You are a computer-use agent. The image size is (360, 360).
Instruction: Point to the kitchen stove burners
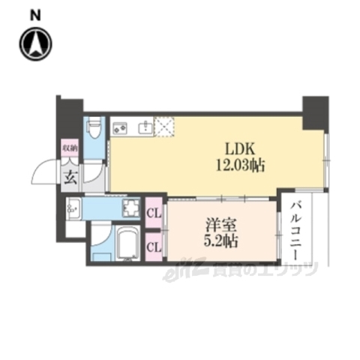[121, 127]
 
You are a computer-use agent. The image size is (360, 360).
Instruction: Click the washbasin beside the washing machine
[73, 209]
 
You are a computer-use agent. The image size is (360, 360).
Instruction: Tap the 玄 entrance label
[68, 178]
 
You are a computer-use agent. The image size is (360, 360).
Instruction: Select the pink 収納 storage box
[68, 149]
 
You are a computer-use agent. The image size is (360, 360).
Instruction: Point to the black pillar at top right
[315, 110]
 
